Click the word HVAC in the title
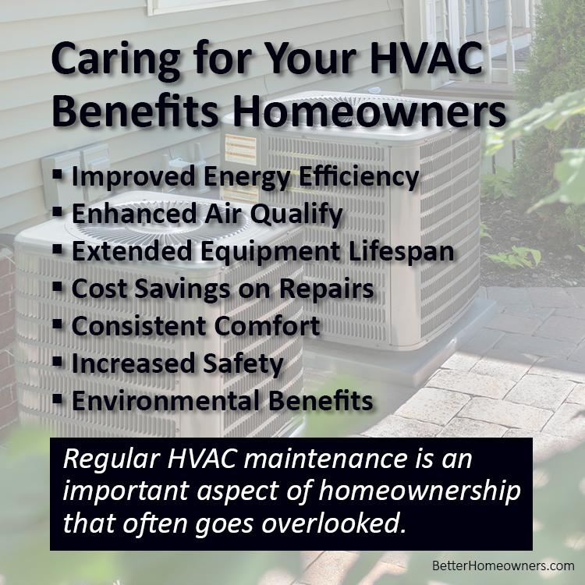427,58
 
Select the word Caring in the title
115,61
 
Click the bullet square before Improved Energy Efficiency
58,173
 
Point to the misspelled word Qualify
296,214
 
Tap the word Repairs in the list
327,289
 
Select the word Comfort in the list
267,326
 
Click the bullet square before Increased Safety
58,361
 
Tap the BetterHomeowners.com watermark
503,565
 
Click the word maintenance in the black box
325,459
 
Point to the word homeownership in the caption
420,491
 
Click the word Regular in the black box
112,459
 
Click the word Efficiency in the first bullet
360,177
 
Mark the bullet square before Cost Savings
58,286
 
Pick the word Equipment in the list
271,252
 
